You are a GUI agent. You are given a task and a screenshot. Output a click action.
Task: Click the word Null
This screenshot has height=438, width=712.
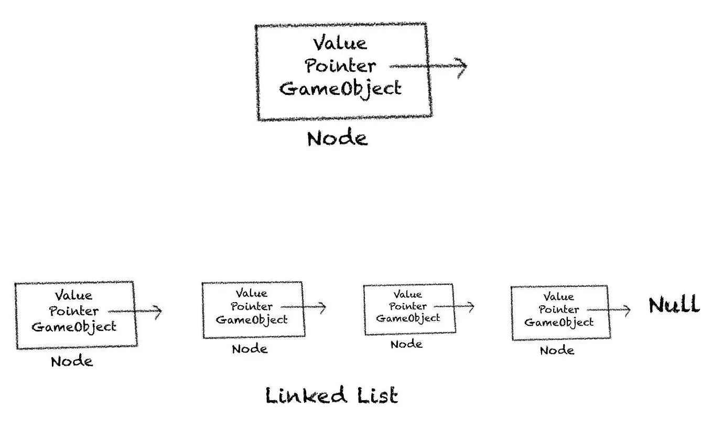674,305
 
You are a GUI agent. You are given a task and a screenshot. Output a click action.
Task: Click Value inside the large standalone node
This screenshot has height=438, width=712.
340,43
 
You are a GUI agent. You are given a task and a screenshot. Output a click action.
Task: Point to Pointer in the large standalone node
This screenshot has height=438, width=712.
341,66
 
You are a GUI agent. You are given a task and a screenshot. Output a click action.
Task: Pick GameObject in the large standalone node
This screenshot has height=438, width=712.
341,88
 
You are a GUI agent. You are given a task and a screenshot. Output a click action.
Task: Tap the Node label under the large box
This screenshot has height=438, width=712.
337,138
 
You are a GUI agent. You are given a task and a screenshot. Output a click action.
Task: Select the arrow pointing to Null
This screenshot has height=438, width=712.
611,309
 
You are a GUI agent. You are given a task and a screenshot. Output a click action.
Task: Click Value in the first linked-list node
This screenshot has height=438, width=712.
73,296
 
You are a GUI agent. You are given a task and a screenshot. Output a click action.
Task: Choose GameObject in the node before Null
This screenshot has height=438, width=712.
559,322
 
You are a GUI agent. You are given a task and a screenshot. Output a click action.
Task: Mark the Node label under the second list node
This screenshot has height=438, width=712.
250,349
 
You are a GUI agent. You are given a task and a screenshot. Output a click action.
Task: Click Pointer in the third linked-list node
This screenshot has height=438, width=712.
408,306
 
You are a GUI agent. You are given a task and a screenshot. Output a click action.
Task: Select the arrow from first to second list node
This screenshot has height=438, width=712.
136,311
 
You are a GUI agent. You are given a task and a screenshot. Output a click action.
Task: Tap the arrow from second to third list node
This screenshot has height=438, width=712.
304,307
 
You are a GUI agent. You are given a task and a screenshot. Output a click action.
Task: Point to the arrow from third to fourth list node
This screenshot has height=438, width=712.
455,306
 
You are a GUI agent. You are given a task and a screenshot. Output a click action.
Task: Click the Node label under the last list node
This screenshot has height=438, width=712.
557,350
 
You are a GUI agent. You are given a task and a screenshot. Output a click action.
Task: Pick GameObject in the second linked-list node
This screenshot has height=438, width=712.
252,319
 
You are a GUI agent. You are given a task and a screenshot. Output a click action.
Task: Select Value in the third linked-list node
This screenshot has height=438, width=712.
407,294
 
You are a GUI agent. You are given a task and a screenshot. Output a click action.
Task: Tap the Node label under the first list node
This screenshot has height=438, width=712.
72,361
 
